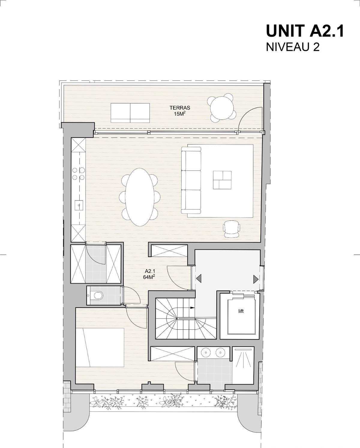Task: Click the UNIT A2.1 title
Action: [x=305, y=31]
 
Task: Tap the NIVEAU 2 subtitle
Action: [x=292, y=47]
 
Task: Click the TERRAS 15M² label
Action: [x=180, y=110]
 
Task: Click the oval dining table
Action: [x=140, y=197]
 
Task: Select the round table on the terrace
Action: [x=222, y=108]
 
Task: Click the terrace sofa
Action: [x=130, y=113]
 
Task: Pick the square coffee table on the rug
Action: [x=222, y=180]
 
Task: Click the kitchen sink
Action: [x=79, y=206]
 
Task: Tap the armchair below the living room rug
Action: [x=232, y=229]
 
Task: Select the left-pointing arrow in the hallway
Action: [x=199, y=278]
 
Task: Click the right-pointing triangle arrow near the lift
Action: [x=256, y=279]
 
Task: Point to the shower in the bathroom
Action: [x=243, y=365]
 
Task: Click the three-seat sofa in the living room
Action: [x=191, y=180]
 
